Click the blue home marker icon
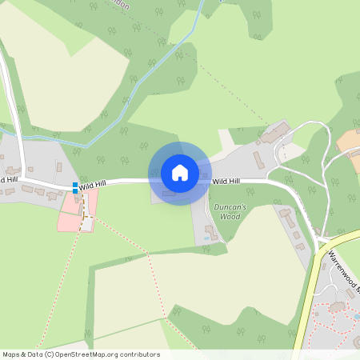180,173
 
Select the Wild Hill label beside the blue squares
92,184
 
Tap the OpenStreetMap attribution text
81,354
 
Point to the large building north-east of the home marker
275,131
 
